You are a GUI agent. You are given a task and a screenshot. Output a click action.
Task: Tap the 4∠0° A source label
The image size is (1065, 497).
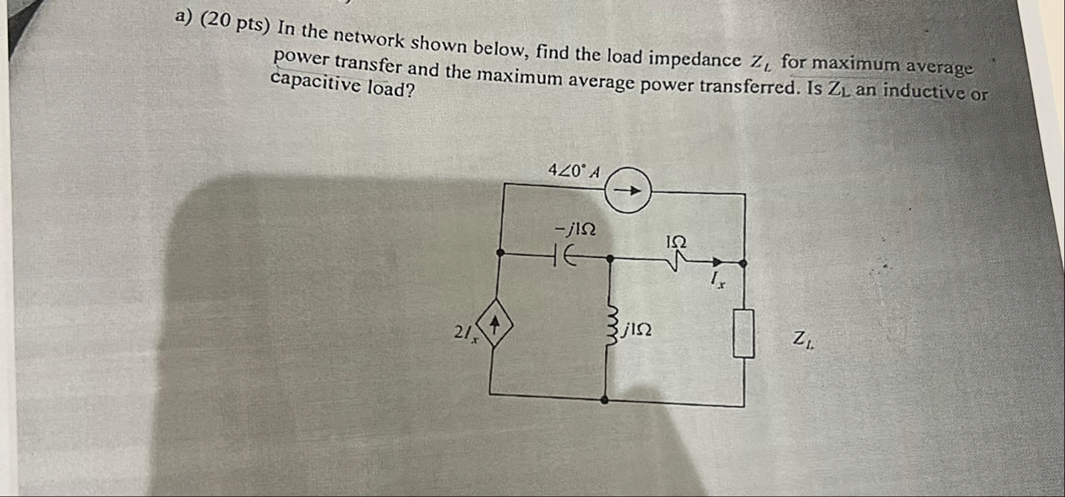pyautogui.click(x=573, y=170)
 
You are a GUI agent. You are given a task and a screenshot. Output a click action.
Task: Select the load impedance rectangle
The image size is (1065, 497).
pyautogui.click(x=744, y=334)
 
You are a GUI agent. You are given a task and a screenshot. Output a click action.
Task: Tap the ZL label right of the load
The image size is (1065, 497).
pyautogui.click(x=802, y=340)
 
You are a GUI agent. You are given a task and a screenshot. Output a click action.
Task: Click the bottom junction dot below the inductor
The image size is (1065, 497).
pyautogui.click(x=606, y=399)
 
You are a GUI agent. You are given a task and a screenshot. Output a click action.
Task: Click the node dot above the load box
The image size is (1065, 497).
pyautogui.click(x=743, y=263)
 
